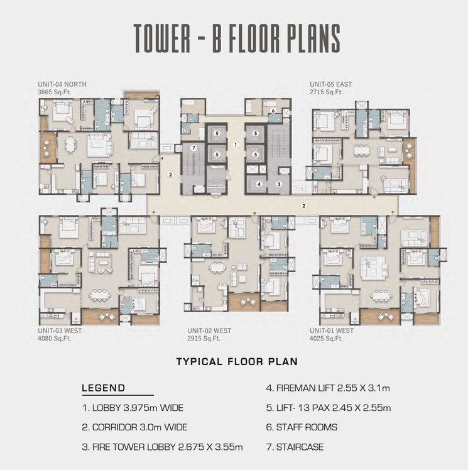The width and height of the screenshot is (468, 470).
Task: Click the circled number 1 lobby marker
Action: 235,145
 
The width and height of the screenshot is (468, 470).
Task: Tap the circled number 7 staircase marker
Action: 194,148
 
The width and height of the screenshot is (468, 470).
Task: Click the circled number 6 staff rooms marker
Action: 273,111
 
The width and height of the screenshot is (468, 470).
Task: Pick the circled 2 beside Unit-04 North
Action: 170,175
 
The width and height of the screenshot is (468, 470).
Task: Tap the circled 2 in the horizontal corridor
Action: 303,205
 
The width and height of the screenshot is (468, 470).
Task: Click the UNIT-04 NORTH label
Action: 62,84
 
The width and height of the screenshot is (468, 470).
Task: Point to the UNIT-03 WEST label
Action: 60,331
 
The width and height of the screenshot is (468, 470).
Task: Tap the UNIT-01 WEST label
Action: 332,331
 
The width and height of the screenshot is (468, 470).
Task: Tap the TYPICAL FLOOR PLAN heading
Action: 236,362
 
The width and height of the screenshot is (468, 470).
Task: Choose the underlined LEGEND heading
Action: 103,388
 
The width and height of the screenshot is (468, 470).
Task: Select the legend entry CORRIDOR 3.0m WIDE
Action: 134,427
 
